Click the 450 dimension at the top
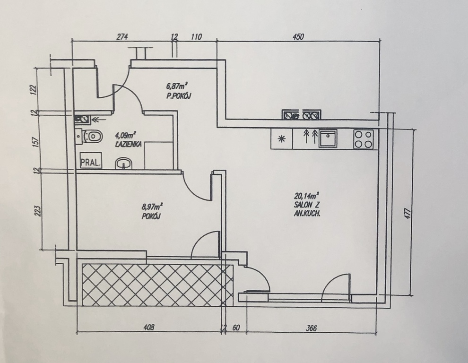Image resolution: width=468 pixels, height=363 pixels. click(298, 36)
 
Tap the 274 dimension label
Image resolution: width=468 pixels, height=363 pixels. click(122, 37)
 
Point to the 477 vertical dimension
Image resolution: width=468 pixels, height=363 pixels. click(408, 214)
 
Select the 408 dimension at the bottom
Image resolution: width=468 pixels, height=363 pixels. click(149, 328)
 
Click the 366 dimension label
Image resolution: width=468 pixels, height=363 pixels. click(312, 328)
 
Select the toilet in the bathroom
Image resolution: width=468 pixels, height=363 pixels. click(92, 137)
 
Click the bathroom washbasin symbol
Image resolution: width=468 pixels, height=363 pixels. click(123, 164)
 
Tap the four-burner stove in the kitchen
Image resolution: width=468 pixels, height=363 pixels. click(364, 139)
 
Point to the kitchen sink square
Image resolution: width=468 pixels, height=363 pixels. click(328, 138)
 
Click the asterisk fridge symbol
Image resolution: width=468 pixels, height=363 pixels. click(281, 138)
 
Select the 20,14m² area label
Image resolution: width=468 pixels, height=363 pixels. click(306, 196)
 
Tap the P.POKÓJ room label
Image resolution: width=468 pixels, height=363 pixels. click(179, 96)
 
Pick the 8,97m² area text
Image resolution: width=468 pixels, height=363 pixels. click(152, 207)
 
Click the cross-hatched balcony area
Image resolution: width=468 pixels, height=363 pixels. click(157, 285)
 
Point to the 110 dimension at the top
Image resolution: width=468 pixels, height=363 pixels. click(196, 37)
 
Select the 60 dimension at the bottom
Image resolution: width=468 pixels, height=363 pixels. click(236, 328)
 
